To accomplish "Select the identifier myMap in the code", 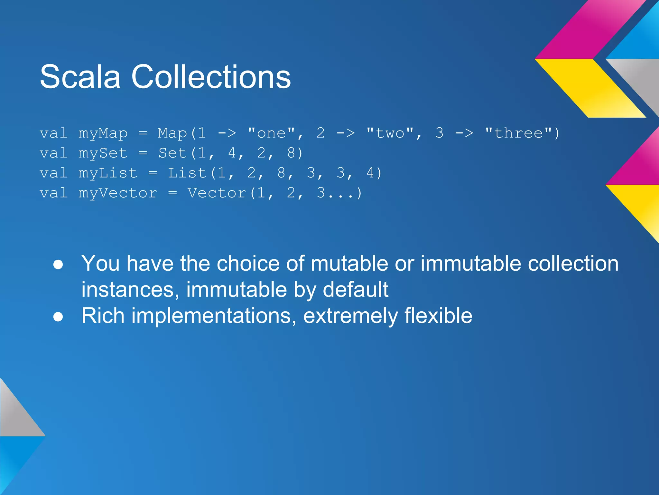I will point(103,133).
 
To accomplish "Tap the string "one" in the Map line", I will point(271,133).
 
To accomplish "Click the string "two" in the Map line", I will point(390,133).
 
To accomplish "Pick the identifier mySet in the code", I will point(103,153).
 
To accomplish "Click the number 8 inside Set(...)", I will point(291,153).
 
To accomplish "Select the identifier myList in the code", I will point(108,173).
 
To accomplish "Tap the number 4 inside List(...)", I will point(370,173).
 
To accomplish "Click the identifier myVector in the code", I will point(118,193).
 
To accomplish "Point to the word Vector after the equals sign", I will point(217,193).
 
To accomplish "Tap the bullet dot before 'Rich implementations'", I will point(58,317).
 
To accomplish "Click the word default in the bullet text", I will point(355,289).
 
